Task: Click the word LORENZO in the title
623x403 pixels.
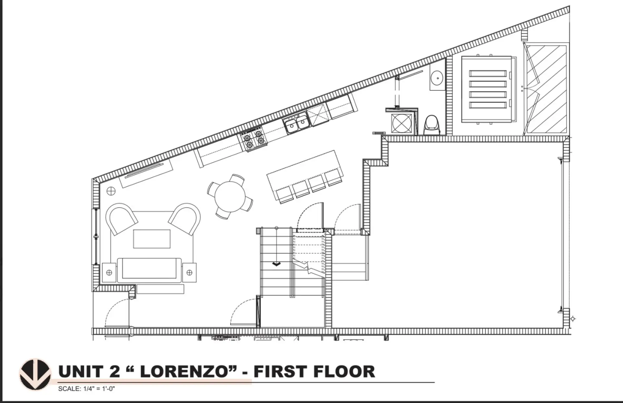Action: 187,372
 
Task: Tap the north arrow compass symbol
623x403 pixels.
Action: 35,374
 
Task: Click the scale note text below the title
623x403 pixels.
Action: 86,389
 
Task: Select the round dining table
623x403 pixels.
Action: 230,197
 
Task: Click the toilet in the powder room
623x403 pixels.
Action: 432,125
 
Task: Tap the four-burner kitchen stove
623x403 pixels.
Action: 254,139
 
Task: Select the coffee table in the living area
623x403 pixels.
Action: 152,239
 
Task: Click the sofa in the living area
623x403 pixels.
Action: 149,270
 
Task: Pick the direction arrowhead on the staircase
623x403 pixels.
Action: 276,264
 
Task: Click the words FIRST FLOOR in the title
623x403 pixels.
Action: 314,372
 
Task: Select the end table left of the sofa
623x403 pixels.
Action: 109,272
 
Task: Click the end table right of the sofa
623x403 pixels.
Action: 189,272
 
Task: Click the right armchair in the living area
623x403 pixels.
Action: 185,218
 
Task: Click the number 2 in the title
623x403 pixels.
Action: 115,372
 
